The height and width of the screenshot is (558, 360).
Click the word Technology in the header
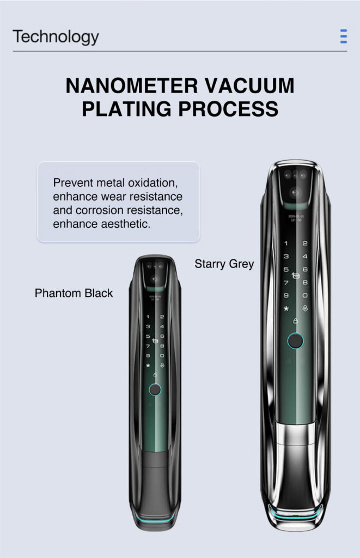56,37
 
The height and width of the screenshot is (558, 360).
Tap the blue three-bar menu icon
343,37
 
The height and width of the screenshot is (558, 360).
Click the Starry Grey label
224,264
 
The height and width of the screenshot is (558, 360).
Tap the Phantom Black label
74,293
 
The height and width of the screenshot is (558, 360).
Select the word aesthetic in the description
120,224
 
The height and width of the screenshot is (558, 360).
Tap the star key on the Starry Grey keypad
286,308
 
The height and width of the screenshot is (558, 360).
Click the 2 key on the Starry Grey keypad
305,244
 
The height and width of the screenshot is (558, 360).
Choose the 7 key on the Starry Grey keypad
286,282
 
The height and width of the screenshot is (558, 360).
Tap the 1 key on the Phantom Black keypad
148,317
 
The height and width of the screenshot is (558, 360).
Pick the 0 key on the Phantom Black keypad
162,355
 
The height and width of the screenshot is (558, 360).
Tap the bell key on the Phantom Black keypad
162,365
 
